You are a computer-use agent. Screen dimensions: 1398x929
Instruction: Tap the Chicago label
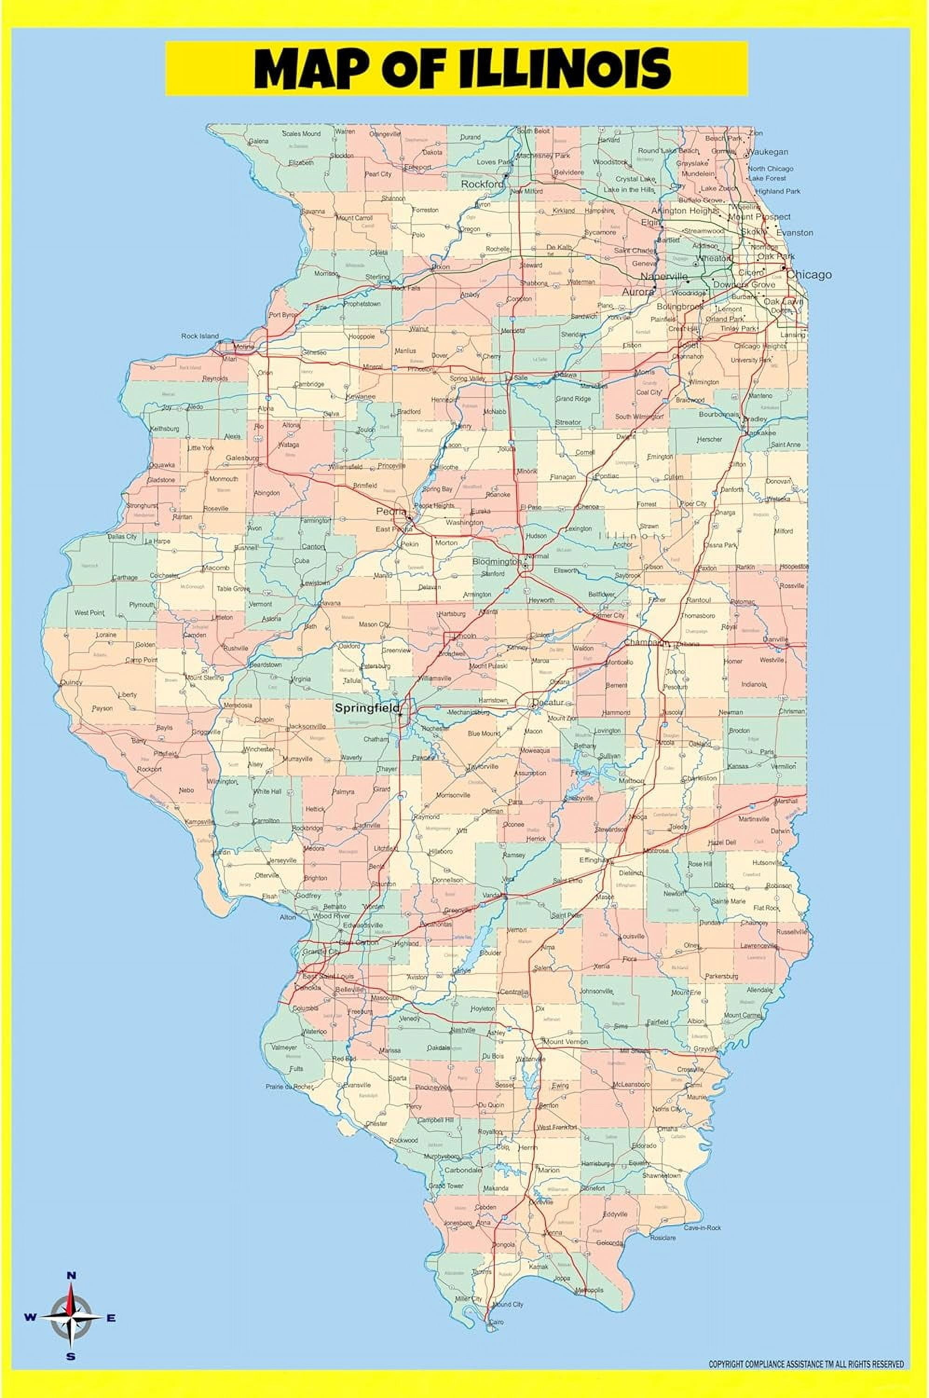pos(809,274)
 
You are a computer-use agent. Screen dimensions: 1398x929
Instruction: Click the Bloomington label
pos(496,561)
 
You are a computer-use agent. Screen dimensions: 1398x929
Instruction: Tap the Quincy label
pos(71,682)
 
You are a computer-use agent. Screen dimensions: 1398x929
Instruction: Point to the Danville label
pos(776,639)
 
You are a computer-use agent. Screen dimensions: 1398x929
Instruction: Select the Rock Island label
pos(200,336)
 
